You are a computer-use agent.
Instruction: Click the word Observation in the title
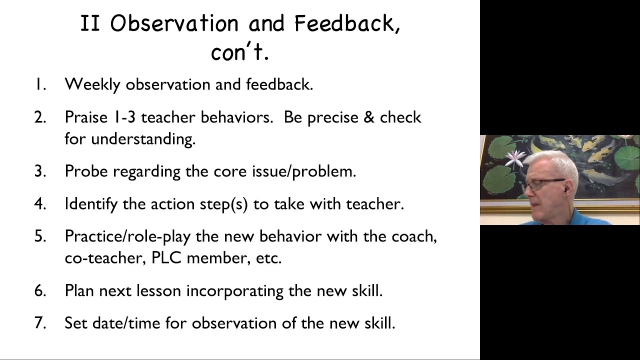pos(174,23)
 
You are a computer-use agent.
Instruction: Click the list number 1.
pos(40,84)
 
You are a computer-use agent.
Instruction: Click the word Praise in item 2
pos(86,117)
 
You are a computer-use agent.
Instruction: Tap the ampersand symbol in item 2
pos(369,117)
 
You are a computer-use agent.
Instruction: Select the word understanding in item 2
pos(143,139)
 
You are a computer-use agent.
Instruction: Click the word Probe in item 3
pos(86,171)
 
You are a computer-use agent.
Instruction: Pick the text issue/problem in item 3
pos(304,171)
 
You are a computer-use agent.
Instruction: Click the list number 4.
pos(40,203)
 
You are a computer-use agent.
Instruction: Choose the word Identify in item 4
pos(91,204)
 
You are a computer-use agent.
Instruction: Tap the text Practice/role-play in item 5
pos(127,236)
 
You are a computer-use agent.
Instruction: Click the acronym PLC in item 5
pos(166,257)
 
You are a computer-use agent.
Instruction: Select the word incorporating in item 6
pos(235,291)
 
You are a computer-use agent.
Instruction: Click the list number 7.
pos(40,323)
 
